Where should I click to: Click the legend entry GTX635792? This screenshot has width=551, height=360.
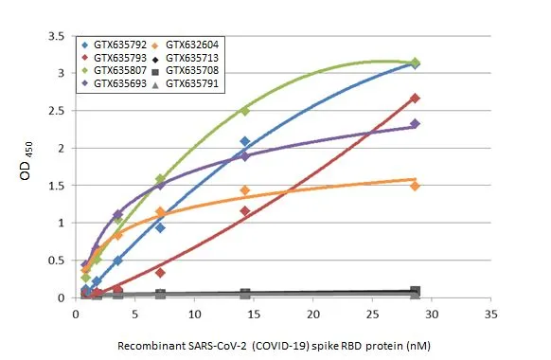121,45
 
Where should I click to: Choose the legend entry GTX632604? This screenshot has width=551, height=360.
195,45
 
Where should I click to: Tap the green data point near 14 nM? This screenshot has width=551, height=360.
244,111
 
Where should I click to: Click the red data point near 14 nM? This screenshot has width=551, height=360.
244,211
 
